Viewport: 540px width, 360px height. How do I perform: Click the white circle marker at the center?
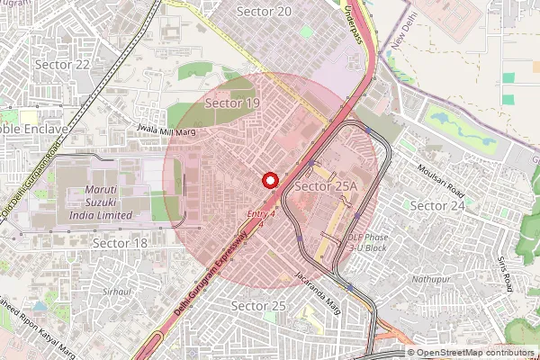point(269,179)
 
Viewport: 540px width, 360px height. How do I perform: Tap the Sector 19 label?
point(232,103)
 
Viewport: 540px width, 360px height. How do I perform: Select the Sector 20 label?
point(264,11)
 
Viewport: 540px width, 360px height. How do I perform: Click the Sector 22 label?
point(62,65)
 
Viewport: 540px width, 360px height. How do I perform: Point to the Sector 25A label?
point(326,185)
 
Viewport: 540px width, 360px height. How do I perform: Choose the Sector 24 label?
point(437,205)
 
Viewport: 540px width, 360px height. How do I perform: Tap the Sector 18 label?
point(121,243)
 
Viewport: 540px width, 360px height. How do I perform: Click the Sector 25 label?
point(258,306)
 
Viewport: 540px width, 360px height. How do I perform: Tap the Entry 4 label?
point(260,212)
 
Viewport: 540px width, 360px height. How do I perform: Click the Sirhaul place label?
point(117,292)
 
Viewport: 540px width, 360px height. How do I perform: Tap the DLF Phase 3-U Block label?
point(367,242)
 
